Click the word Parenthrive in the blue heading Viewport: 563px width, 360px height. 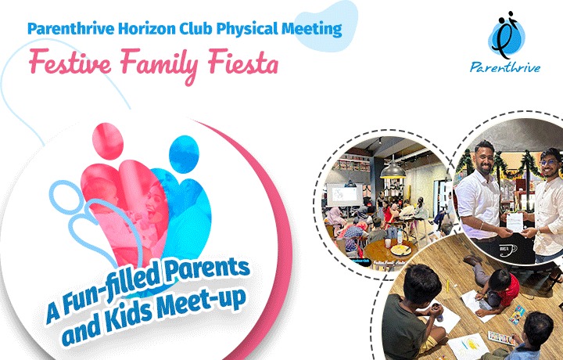coord(70,29)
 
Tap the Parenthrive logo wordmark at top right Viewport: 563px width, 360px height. coord(505,67)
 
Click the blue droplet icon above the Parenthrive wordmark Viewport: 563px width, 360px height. coord(506,35)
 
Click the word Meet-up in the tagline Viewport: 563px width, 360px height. coord(202,304)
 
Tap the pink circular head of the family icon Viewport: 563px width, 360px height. coord(108,141)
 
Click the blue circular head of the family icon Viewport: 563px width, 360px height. coord(184,153)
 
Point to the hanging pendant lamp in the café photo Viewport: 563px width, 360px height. coord(393,170)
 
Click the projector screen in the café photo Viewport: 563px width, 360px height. coord(344,194)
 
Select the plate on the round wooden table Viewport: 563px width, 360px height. coord(400,250)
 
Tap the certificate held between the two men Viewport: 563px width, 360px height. coord(515,223)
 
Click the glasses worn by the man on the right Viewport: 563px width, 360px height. coord(548,163)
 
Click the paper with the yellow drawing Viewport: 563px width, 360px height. coord(468,347)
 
